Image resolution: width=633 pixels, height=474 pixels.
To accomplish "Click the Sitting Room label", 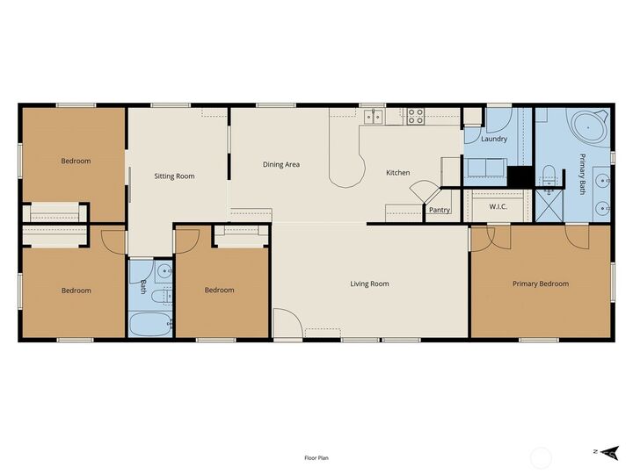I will click(174, 176).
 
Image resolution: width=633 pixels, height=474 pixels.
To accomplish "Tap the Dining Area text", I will click(281, 164).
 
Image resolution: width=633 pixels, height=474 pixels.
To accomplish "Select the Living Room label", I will click(369, 284).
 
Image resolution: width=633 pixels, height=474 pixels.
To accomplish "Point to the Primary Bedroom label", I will click(541, 284).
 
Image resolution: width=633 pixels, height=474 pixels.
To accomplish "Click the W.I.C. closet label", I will click(498, 207).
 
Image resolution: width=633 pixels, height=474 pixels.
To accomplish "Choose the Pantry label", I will click(440, 210).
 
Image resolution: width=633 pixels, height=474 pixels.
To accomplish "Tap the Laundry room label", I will click(494, 139).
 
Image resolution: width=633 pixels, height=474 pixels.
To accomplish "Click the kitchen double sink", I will click(373, 114).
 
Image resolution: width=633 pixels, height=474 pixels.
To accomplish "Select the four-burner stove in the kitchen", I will click(415, 114).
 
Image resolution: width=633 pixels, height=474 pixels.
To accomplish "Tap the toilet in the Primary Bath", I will click(548, 172).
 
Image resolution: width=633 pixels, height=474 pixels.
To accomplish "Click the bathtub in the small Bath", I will click(149, 324).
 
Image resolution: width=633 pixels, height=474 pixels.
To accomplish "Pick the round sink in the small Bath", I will click(164, 270).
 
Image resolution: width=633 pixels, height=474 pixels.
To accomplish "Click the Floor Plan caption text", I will click(316, 457).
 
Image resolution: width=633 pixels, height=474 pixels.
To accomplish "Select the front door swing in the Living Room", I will click(285, 323).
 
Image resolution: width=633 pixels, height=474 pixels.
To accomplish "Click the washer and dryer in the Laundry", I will click(484, 168).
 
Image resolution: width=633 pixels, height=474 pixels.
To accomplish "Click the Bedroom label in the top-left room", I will click(76, 161).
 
